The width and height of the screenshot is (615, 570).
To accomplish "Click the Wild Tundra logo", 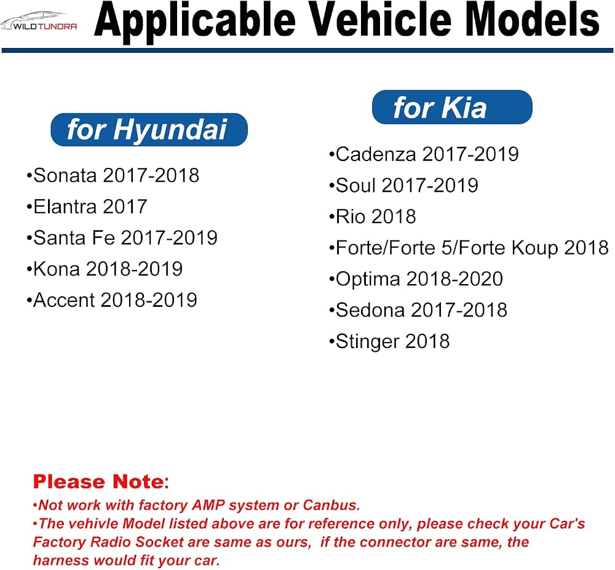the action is click(39, 22).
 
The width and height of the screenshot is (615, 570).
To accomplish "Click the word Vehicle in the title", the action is click(383, 20).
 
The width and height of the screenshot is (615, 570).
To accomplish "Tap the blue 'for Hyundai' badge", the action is click(149, 130).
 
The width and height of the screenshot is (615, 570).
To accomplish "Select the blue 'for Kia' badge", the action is click(452, 107).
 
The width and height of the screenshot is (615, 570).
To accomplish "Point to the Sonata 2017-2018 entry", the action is click(113, 175).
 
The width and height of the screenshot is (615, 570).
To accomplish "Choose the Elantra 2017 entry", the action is click(87, 207).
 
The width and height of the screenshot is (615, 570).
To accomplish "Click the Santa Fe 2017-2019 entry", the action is click(122, 237).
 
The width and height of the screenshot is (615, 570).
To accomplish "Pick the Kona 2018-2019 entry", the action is click(105, 269).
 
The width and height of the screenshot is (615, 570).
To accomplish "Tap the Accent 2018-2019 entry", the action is click(112, 300).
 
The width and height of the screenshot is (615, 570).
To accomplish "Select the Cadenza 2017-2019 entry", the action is click(424, 154).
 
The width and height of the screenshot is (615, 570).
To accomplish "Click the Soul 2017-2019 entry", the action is click(403, 186).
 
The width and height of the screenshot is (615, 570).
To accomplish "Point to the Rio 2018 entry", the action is click(373, 216).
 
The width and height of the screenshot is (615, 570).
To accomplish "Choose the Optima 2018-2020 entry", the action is click(416, 279).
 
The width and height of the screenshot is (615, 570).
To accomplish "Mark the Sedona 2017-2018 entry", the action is click(418, 310).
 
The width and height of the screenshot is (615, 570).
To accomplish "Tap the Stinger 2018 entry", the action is click(389, 341).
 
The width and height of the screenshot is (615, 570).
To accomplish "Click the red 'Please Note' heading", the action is click(101, 481).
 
